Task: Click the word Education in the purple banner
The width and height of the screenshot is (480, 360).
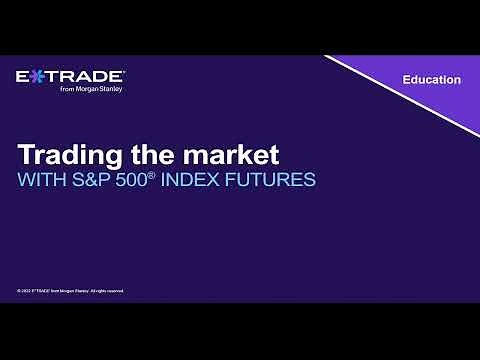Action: coord(431,80)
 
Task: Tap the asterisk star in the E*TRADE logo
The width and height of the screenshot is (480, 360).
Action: coord(38,77)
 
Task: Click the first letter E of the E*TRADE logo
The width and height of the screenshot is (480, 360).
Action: coord(24,77)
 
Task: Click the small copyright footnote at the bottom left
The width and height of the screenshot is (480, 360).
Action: coord(70,291)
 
